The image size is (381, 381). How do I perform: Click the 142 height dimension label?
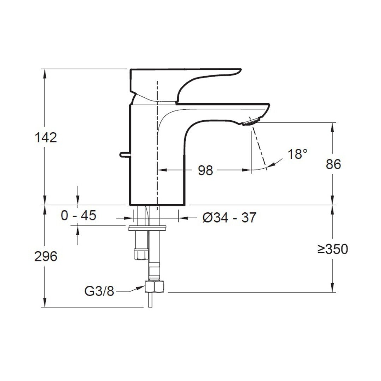(46, 138)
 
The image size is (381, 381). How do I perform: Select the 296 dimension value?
(46, 256)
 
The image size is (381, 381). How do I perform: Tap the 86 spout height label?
(333, 164)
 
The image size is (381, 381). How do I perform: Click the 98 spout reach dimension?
(205, 170)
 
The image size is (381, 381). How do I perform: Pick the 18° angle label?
(297, 154)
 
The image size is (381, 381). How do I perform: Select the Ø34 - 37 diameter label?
(229, 217)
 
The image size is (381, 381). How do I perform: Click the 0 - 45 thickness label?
(78, 215)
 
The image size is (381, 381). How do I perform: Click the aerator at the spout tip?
(251, 121)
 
